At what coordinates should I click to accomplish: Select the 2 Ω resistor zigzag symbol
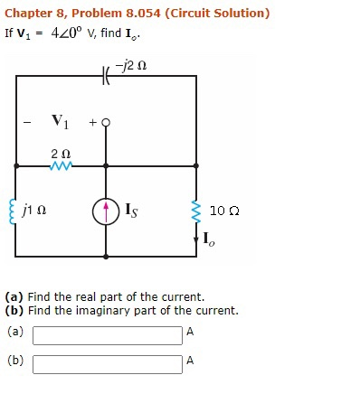62,166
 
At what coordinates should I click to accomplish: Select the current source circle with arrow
107,211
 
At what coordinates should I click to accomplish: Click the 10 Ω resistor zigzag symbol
196,211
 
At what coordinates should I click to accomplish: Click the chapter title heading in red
137,14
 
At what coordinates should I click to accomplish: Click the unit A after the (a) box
189,332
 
